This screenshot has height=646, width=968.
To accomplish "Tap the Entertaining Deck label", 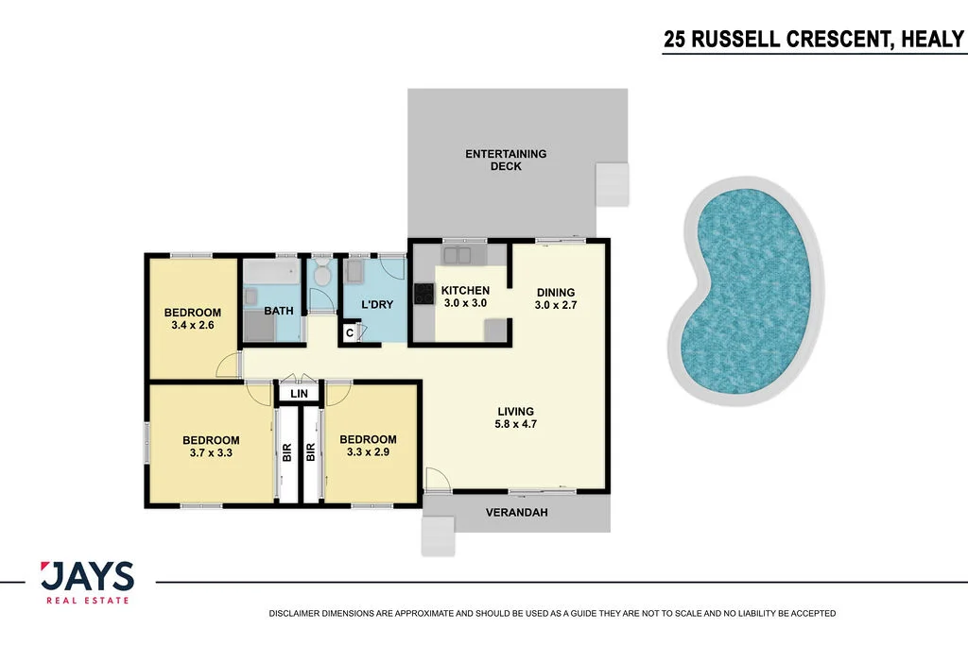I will pos(506,160).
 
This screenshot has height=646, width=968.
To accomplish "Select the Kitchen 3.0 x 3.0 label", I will pos(465,297).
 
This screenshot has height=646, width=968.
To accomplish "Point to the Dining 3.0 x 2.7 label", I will pos(555,298).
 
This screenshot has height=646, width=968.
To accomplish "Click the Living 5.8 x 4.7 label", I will pos(516,417).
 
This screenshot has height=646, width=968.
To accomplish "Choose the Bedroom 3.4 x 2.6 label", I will pos(192,319).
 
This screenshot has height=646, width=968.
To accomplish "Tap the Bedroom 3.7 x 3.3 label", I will pos(211,446).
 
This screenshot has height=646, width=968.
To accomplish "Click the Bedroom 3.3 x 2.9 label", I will pos(368,446).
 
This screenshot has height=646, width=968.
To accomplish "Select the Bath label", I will pos(278,311).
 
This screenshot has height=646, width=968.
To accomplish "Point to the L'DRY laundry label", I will pos(377,304).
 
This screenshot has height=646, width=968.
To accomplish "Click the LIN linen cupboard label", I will pos(300,393).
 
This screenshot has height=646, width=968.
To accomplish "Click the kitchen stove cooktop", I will pos(423,294).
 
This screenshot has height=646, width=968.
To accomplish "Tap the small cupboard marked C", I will pos(350,332).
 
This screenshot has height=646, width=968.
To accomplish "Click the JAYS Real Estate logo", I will pos(87,582).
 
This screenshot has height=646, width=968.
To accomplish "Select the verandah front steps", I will pos(439,538).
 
